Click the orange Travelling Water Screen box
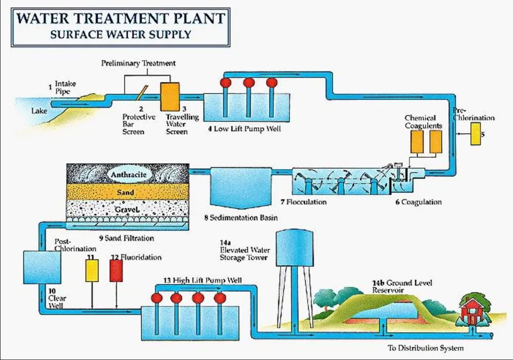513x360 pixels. (169, 96)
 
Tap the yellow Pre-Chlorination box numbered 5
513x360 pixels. (476, 134)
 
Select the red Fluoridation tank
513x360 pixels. (116, 271)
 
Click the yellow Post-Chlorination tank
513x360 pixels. (92, 271)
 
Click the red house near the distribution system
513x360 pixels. (470, 309)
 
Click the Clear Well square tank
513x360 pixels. (42, 267)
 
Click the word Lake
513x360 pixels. (39, 110)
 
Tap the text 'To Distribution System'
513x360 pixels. (425, 348)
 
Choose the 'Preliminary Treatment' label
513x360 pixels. (139, 63)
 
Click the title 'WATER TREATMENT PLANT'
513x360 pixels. (121, 19)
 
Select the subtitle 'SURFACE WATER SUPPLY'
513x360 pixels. (121, 35)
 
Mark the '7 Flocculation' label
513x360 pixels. (303, 202)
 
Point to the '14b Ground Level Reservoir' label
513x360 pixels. (403, 287)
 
